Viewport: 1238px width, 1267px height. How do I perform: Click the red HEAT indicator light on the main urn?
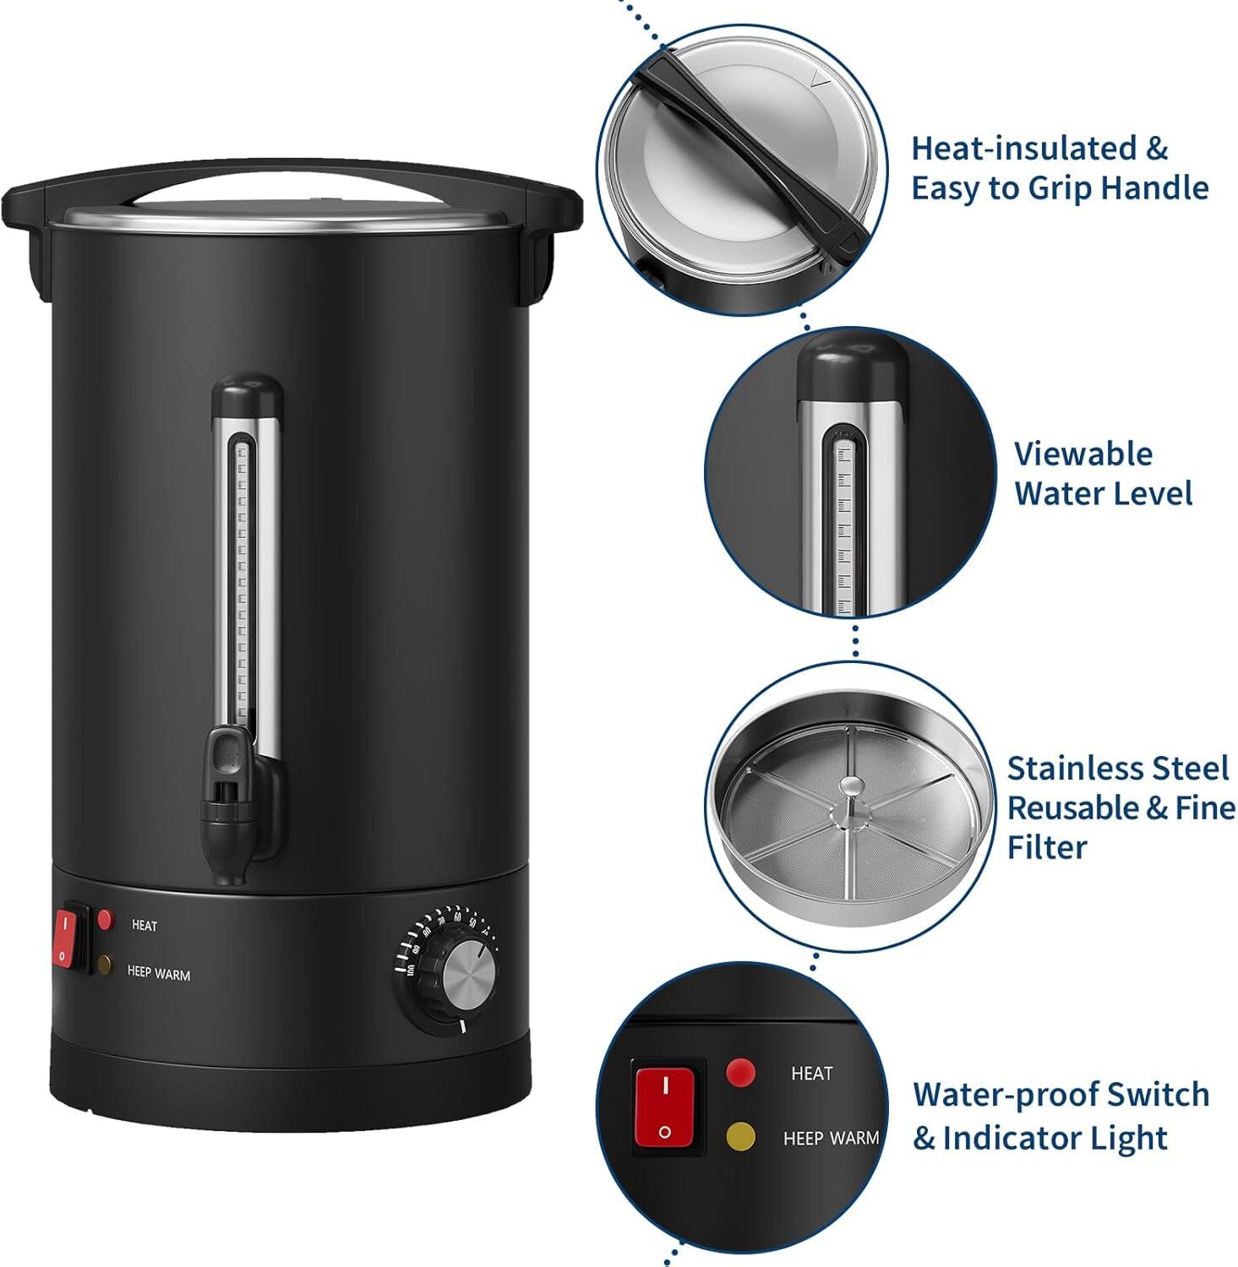[x=106, y=919]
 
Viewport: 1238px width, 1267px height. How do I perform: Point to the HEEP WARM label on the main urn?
[x=158, y=974]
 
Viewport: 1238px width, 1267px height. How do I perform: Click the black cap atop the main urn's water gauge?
[x=247, y=394]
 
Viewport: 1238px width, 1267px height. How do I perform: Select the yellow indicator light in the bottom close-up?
[x=741, y=1136]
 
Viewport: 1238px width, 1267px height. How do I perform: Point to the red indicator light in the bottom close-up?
[x=741, y=1073]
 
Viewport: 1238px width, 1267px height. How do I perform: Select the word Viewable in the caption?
[x=1083, y=454]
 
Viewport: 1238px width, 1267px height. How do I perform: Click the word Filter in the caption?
[x=1046, y=846]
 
